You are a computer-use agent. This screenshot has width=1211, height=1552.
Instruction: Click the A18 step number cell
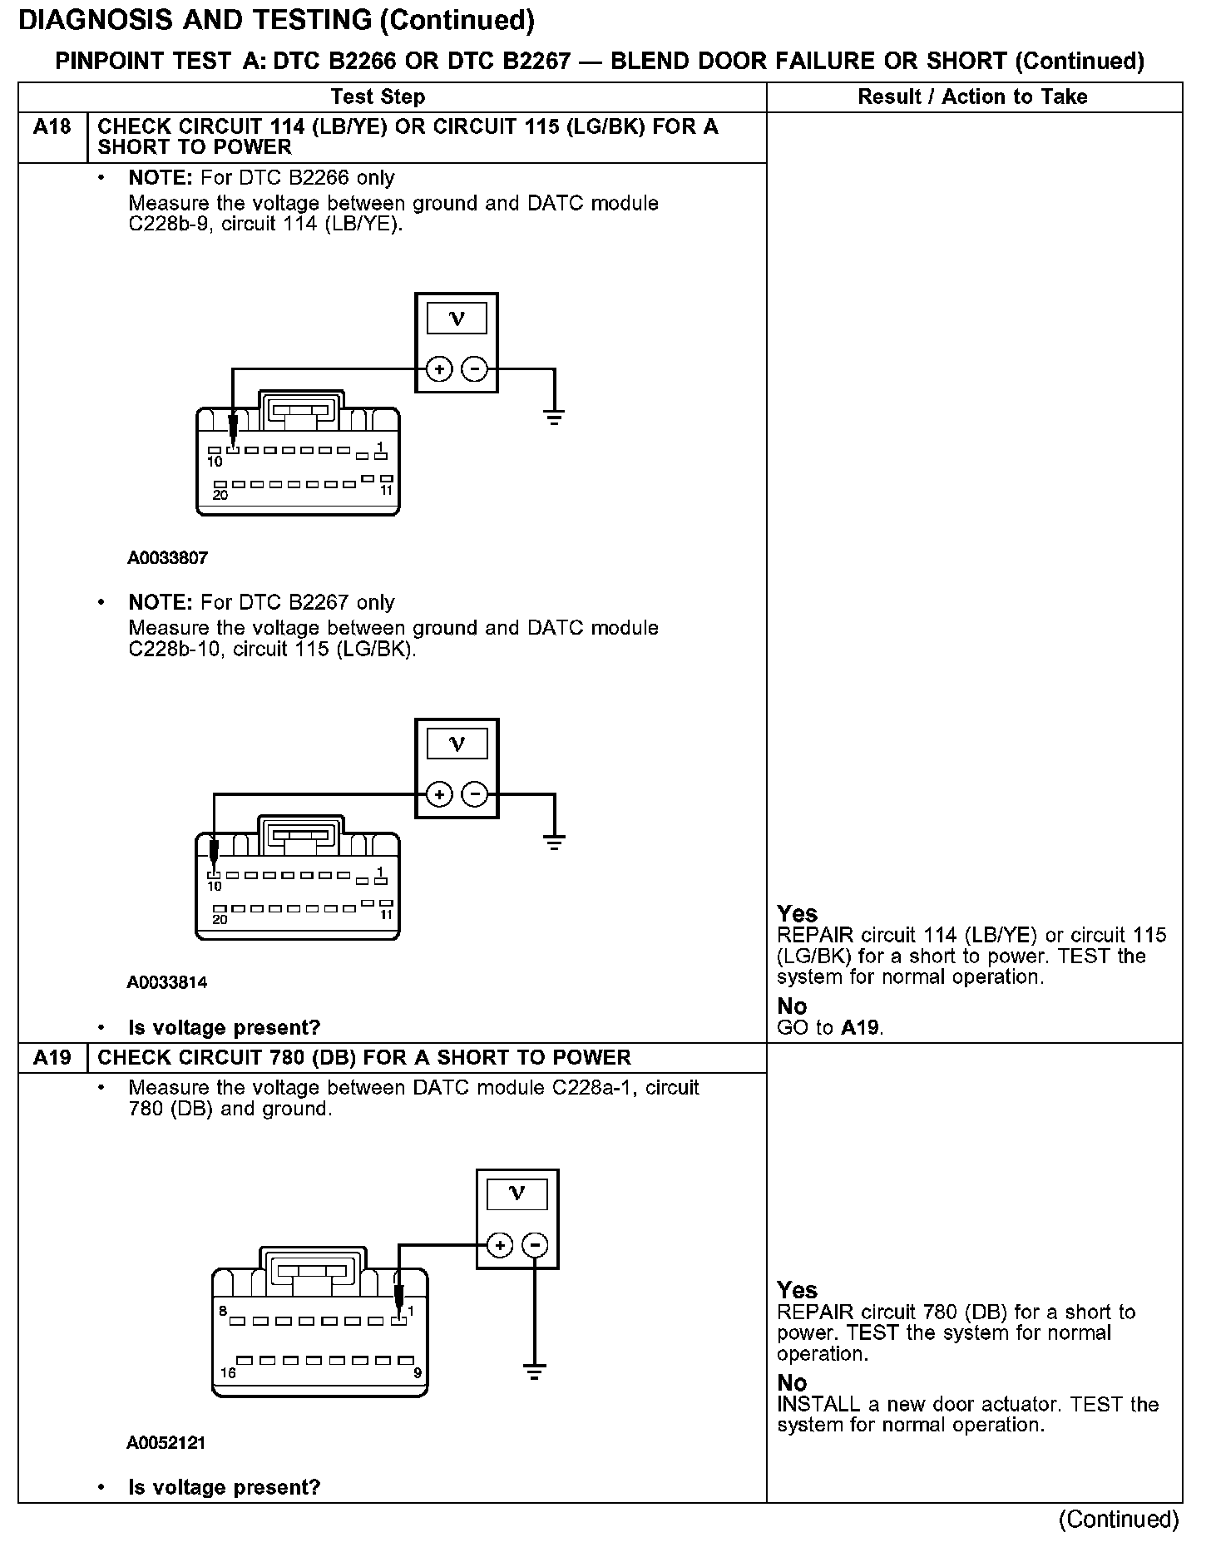[x=52, y=128]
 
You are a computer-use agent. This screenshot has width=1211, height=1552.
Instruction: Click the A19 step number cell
[x=52, y=1057]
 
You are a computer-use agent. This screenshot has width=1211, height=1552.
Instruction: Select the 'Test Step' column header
[x=378, y=97]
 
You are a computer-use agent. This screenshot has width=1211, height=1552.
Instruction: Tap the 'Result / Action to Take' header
[x=972, y=97]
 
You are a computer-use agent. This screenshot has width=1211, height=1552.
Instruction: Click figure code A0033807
[x=167, y=558]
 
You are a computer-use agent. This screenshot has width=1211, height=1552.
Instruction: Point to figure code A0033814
[x=167, y=982]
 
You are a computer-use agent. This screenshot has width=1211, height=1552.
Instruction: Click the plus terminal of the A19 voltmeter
[x=499, y=1245]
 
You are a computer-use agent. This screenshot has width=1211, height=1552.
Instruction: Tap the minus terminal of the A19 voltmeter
[x=535, y=1245]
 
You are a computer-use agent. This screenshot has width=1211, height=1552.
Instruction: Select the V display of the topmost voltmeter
[x=457, y=318]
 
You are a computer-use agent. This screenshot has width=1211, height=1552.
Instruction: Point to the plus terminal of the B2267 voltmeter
[x=439, y=794]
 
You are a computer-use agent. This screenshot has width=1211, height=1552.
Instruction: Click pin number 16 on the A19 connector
[x=227, y=1373]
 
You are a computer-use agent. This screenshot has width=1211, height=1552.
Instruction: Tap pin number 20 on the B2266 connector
[x=220, y=495]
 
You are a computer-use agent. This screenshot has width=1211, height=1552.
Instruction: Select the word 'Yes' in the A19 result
[x=797, y=1290]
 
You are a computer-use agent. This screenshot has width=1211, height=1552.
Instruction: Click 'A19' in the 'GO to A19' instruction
[x=860, y=1027]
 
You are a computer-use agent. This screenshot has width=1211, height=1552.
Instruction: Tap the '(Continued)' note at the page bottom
[x=1118, y=1520]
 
